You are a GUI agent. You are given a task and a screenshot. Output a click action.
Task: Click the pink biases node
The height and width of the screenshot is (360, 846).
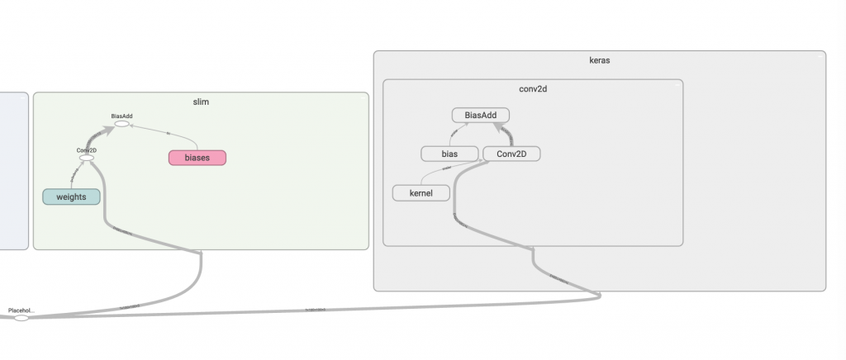coord(197,157)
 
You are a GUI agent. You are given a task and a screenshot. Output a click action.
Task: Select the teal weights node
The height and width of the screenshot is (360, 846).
coord(71,197)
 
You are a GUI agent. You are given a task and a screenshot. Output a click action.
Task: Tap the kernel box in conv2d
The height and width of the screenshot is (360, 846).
coord(421,193)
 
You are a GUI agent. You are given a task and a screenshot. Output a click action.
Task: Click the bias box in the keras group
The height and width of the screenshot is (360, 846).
coord(449,154)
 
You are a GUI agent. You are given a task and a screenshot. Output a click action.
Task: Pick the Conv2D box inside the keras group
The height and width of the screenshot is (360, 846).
coord(511,154)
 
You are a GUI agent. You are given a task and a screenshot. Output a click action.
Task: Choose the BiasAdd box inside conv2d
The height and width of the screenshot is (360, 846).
coord(481,116)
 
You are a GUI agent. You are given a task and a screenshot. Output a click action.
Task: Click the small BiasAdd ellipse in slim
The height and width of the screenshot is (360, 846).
coord(121,125)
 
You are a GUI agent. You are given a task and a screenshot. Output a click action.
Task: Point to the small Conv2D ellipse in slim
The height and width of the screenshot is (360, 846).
coord(87,158)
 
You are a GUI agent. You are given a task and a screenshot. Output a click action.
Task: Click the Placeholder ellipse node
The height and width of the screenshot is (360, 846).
coord(21,318)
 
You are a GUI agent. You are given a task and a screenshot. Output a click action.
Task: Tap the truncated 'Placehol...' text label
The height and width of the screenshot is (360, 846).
coord(21,310)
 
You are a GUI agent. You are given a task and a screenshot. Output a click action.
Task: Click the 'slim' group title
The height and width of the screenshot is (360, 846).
coord(200,102)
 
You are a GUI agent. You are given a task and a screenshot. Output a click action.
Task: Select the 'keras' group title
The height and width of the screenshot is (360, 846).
coord(600,60)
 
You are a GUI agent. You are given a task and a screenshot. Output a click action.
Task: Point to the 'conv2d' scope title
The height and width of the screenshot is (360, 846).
coord(533,89)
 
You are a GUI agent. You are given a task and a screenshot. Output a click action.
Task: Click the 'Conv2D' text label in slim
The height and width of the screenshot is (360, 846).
coord(87,150)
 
